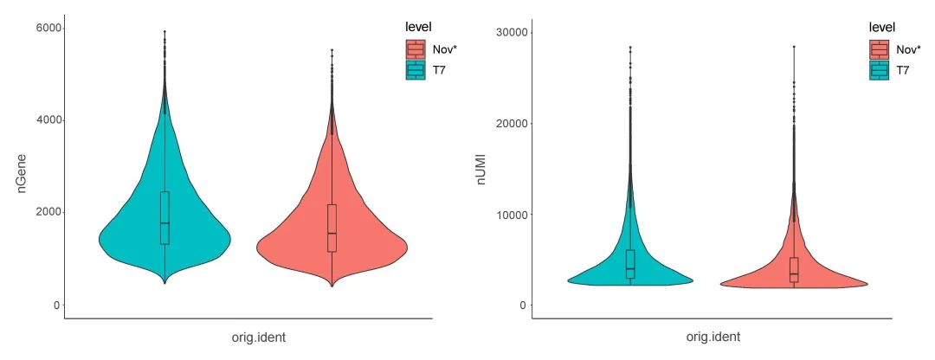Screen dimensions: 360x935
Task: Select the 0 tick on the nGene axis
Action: point(55,305)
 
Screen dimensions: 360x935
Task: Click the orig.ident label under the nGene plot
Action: point(248,337)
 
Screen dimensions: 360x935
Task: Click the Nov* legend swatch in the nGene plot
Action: point(416,49)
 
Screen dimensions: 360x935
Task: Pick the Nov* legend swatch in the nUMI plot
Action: point(880,49)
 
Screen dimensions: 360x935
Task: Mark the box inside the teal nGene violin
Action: point(164,217)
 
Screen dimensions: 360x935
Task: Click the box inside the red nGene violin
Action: point(332,228)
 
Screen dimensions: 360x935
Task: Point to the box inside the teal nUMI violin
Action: point(630,263)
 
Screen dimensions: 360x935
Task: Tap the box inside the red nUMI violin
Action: point(794,269)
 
